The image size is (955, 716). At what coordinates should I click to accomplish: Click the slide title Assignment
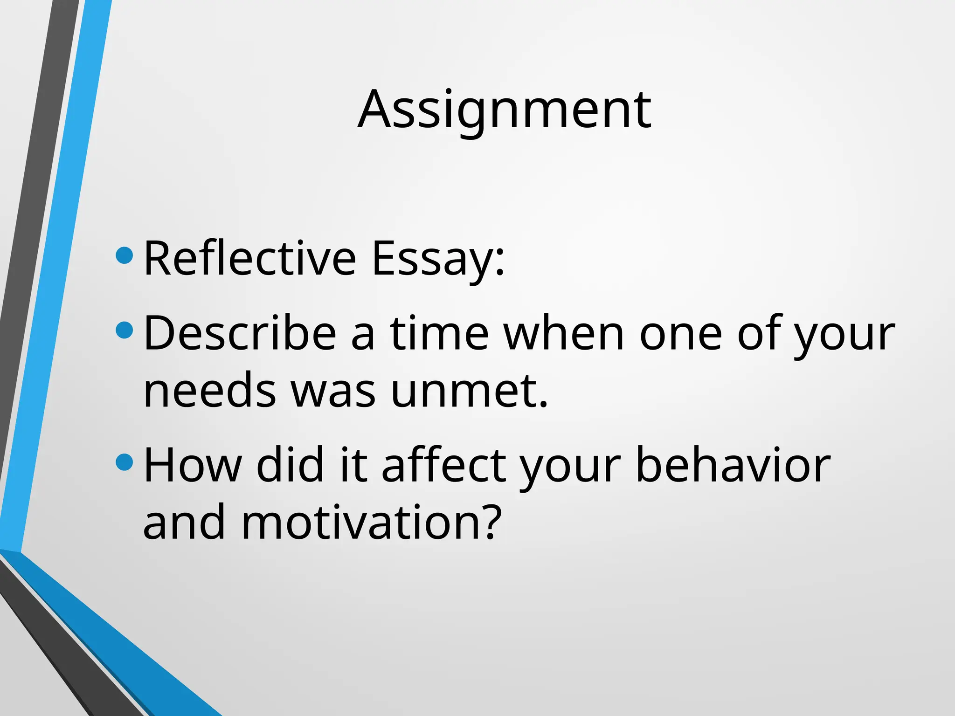[504, 110]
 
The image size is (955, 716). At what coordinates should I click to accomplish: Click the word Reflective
[250, 258]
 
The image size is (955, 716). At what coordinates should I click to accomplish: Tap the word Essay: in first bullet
[438, 258]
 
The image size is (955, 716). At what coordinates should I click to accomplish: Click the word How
[193, 465]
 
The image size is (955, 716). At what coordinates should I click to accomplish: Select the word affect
[443, 465]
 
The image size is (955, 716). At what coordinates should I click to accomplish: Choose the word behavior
[733, 465]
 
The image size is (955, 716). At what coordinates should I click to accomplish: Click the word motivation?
[371, 523]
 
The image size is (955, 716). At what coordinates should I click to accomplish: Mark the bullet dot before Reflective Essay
[124, 255]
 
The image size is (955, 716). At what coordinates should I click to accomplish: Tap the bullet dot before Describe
[124, 330]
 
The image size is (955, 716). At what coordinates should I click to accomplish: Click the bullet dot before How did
[124, 462]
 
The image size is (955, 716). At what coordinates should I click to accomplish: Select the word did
[290, 465]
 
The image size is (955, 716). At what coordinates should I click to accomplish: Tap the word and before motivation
[184, 523]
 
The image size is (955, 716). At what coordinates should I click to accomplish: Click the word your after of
[844, 333]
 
